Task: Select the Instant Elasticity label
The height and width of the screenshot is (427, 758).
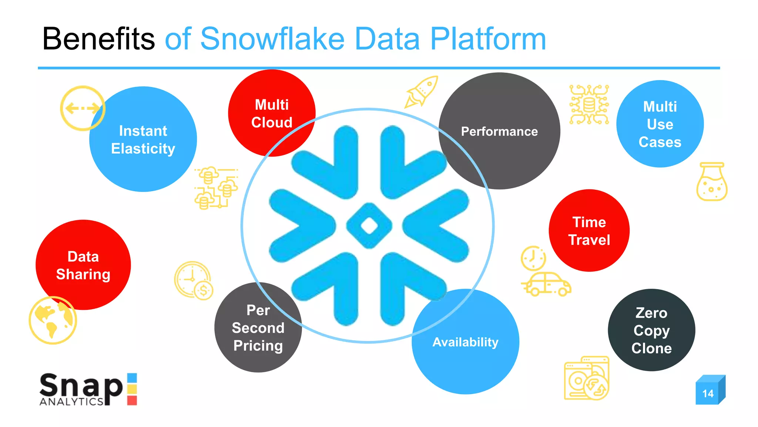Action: tap(143, 140)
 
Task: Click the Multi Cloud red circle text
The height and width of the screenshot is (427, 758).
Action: tap(272, 113)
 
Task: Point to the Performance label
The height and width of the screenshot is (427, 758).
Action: tap(499, 131)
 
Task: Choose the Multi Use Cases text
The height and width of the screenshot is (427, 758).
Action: tap(660, 124)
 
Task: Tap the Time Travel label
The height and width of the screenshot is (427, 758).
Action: tap(589, 231)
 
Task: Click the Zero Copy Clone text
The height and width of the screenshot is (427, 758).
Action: tap(651, 330)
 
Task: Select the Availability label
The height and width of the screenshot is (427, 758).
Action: tap(465, 342)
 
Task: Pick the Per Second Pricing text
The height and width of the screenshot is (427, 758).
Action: tap(258, 328)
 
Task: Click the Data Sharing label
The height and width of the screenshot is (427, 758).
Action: tap(83, 265)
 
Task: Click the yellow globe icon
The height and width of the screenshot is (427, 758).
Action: tap(53, 320)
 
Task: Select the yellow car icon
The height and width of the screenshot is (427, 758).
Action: tap(547, 285)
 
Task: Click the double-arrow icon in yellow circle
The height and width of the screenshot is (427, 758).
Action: tap(83, 108)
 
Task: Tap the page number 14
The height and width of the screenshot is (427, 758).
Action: tap(708, 393)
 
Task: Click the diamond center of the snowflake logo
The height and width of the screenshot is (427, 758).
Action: tap(369, 225)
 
